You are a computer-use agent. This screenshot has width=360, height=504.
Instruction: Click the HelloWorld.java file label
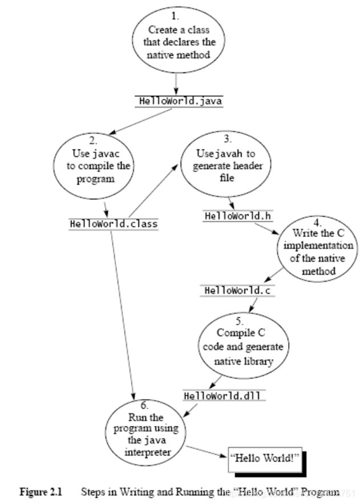click(x=178, y=101)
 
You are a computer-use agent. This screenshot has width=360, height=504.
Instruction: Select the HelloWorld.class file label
click(x=114, y=224)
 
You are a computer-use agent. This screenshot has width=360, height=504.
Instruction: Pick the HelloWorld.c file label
click(x=235, y=291)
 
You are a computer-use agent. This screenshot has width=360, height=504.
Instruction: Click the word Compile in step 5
click(x=231, y=333)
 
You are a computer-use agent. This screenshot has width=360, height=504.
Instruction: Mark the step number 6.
click(x=144, y=406)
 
